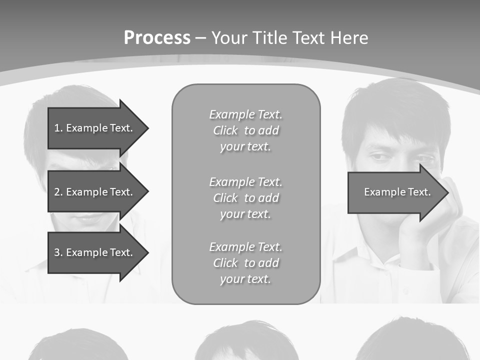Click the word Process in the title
157,38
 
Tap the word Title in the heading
269,38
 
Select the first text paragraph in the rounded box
245,130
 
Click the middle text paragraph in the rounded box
245,198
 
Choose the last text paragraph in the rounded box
245,263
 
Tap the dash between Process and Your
200,38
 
